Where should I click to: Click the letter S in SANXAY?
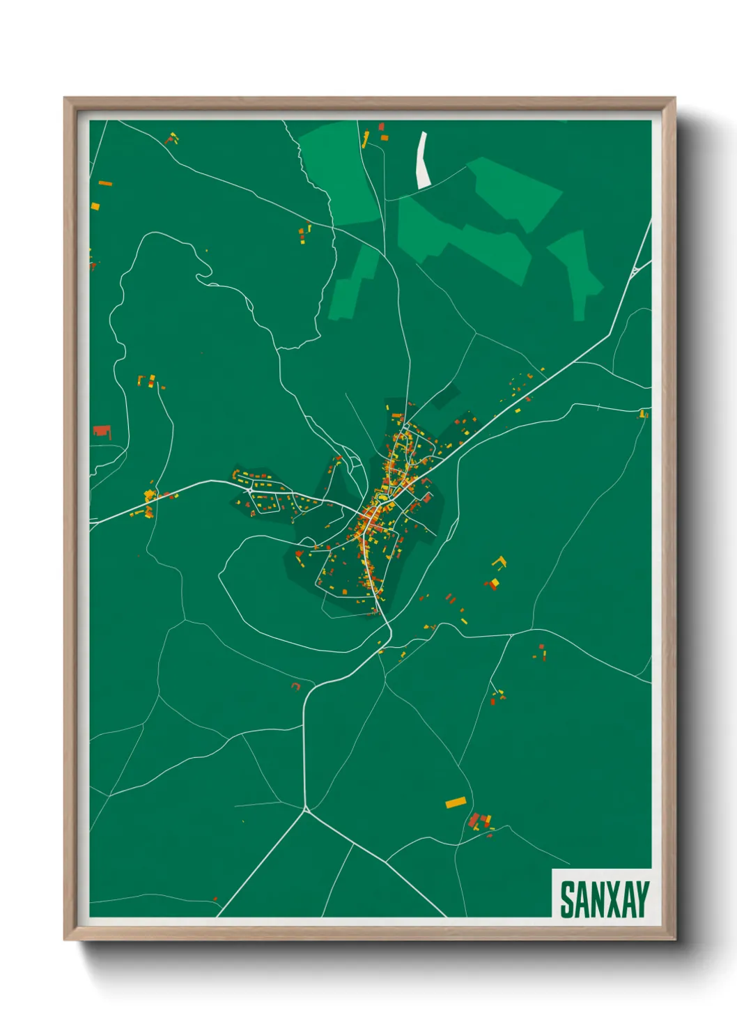[567, 900]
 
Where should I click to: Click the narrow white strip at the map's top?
[422, 161]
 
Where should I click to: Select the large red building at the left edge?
[102, 432]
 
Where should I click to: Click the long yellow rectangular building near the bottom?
[455, 803]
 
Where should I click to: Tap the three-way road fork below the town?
[306, 809]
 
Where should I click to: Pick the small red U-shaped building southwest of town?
[296, 687]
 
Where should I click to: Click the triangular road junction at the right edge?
[635, 271]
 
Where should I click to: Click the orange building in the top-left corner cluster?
[105, 183]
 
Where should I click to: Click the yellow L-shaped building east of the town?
[499, 561]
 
